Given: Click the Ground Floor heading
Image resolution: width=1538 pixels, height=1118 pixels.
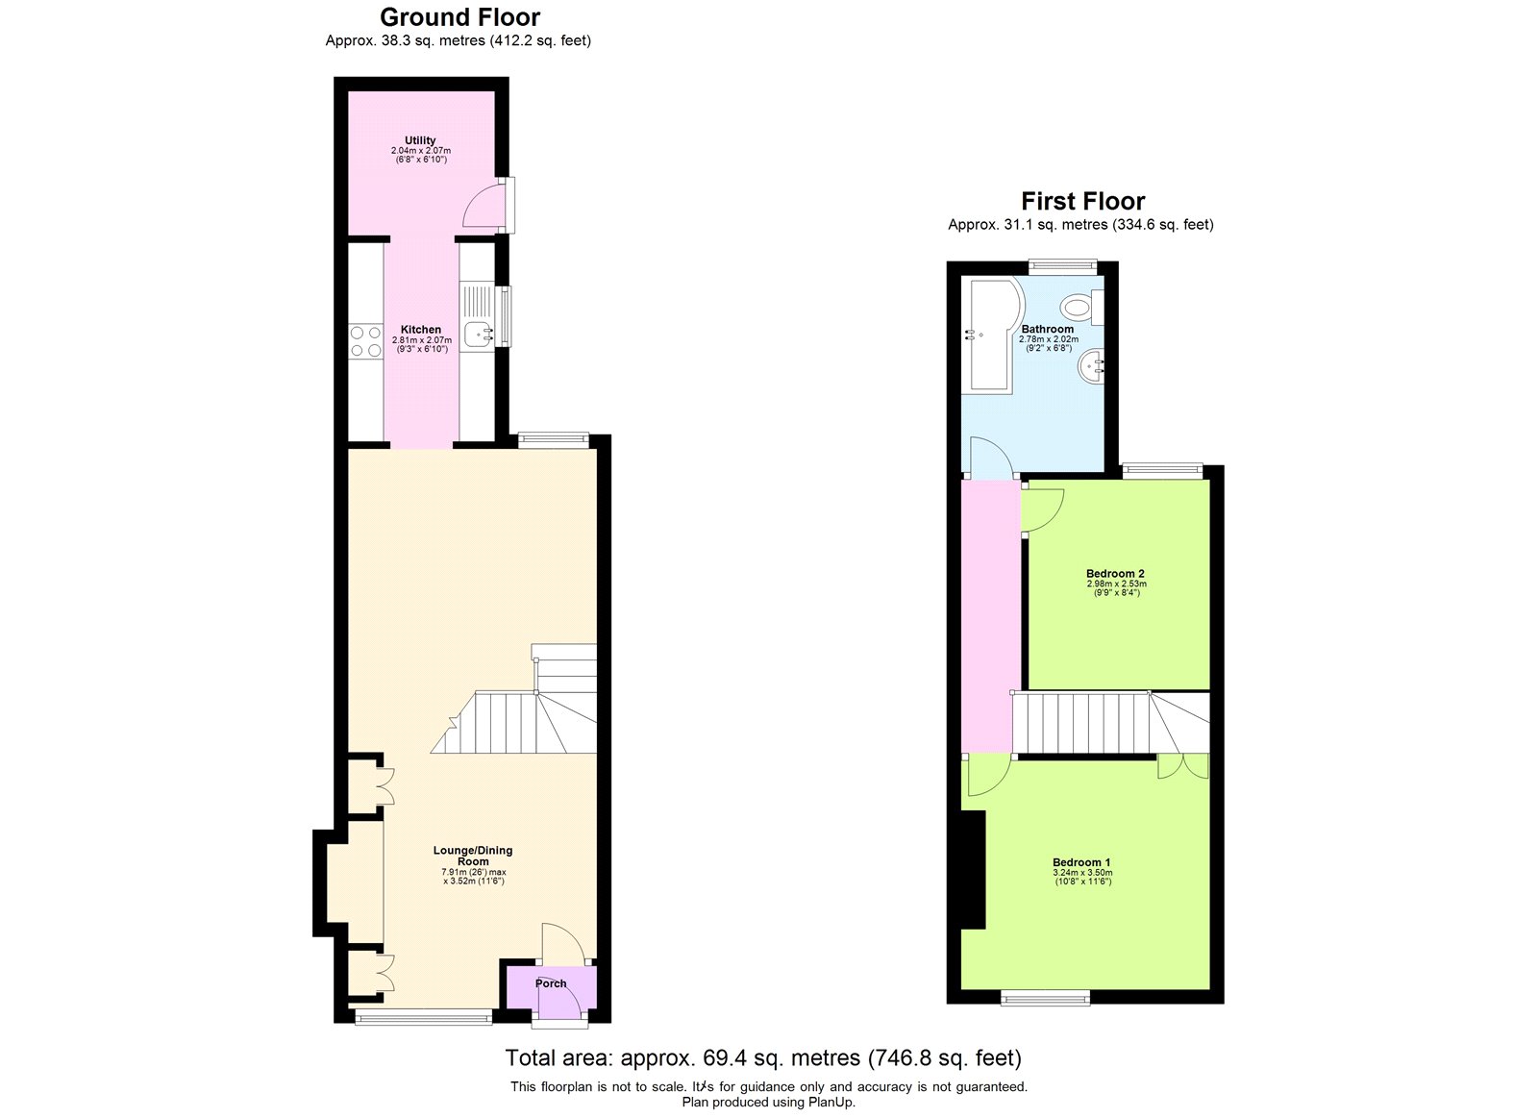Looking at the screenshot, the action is [460, 17].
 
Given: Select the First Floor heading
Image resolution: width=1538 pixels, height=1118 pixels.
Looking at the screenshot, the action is [1082, 201].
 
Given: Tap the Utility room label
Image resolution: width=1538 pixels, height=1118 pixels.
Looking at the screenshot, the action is [420, 140].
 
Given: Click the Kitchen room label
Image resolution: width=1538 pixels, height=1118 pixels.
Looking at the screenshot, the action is [421, 330].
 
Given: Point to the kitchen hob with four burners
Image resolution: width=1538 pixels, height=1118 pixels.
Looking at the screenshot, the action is [365, 341].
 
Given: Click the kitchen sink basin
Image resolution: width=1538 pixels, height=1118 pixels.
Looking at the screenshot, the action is [479, 335].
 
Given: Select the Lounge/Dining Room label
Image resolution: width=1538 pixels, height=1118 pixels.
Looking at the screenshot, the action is [473, 856].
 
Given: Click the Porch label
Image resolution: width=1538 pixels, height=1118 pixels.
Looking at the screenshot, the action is [551, 983].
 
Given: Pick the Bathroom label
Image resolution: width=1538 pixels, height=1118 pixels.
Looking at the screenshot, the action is [1047, 330].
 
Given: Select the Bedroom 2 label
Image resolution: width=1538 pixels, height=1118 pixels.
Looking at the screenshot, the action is [1115, 574].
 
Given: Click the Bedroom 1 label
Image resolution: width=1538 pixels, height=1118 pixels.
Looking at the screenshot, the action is [1081, 862].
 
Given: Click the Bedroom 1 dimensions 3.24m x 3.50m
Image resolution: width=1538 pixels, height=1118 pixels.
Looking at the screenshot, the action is [1082, 873].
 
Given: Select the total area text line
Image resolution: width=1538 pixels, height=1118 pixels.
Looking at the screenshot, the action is [763, 1058].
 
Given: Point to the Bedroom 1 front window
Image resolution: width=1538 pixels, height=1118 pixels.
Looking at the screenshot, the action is [1045, 997].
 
